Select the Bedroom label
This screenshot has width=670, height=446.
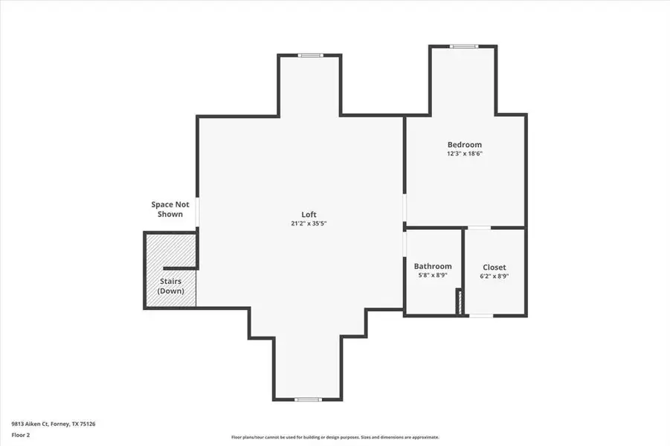(464, 144)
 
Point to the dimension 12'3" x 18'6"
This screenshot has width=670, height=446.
(464, 153)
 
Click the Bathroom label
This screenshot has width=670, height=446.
(433, 266)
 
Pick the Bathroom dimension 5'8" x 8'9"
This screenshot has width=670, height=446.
(433, 275)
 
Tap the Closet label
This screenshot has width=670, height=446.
(495, 266)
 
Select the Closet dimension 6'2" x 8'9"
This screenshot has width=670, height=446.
(495, 275)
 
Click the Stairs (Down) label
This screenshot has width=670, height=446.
(170, 285)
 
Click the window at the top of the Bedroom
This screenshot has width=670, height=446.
(464, 47)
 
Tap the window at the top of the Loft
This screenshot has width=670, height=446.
(309, 55)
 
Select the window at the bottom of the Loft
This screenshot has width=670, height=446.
(309, 398)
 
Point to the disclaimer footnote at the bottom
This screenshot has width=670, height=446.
(335, 437)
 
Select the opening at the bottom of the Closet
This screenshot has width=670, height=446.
(481, 315)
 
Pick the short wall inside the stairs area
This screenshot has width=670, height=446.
(178, 268)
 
